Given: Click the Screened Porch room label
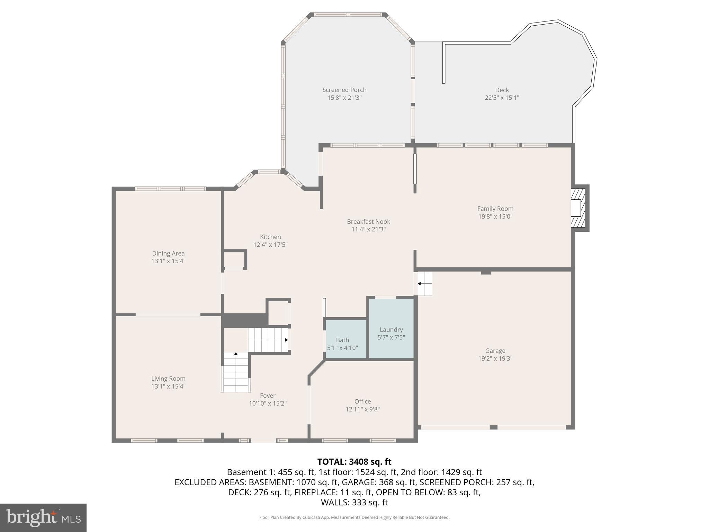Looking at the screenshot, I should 344,90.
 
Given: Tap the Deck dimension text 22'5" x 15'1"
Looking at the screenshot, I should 502,98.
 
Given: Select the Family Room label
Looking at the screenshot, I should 495,209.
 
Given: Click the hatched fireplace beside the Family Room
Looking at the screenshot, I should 578,208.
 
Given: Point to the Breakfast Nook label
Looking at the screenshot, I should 368,222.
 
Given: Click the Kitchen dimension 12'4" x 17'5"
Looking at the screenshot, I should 270,245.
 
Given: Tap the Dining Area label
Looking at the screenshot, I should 168,254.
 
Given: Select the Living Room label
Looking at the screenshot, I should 168,379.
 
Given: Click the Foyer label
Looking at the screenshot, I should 268,396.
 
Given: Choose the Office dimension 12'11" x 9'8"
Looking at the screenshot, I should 362,409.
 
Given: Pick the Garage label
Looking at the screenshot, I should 495,351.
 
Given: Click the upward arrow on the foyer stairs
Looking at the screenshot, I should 236,354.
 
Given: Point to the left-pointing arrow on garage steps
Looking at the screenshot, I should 419,284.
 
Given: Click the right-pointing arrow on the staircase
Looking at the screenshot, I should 286,340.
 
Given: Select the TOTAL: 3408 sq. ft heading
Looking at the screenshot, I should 354,462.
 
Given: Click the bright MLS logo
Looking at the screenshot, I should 43,517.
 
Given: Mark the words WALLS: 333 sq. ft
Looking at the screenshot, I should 354,503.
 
